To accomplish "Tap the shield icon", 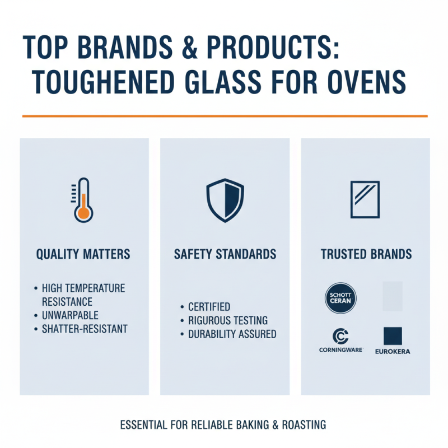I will click(x=224, y=200).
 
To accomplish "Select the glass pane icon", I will click(x=365, y=199).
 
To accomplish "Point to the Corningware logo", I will click(x=340, y=341).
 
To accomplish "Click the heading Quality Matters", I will click(x=83, y=254).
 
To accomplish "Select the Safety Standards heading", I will click(x=225, y=254).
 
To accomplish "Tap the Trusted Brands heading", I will click(x=366, y=254).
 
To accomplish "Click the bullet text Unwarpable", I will click(x=71, y=315).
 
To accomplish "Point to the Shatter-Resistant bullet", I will click(x=85, y=329).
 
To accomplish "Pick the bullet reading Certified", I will click(x=209, y=307).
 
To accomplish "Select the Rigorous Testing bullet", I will click(x=228, y=321).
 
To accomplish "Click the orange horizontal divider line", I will click(x=224, y=116).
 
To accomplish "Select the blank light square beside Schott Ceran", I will click(x=392, y=296).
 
